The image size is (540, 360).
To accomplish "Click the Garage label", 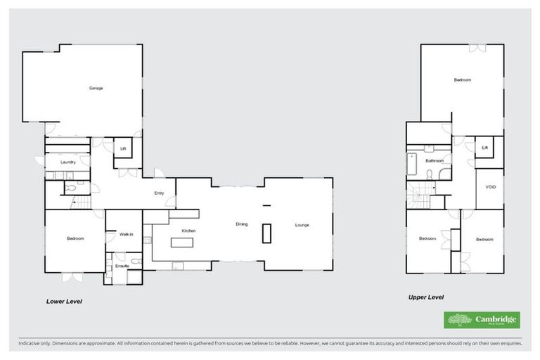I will [96, 88].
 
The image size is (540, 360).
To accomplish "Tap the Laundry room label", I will [68, 162].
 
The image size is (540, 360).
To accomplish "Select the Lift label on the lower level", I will [122, 148].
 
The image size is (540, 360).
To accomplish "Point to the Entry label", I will [160, 193].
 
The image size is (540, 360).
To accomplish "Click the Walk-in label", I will [126, 234].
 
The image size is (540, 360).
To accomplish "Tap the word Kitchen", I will [188, 231].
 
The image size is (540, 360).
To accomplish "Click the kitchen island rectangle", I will [182, 243].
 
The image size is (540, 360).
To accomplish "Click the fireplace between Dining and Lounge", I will [266, 233].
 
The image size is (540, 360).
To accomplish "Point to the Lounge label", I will [302, 225].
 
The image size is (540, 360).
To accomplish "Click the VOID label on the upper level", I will [490, 188].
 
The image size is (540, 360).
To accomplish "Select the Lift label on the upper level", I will [484, 148].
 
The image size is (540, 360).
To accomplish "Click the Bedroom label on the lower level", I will [75, 239].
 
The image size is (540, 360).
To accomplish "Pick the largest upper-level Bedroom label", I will [462, 80].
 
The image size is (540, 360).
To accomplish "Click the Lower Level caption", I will [65, 301].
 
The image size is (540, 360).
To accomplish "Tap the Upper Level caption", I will [426, 297].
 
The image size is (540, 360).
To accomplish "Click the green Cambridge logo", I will [482, 320].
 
